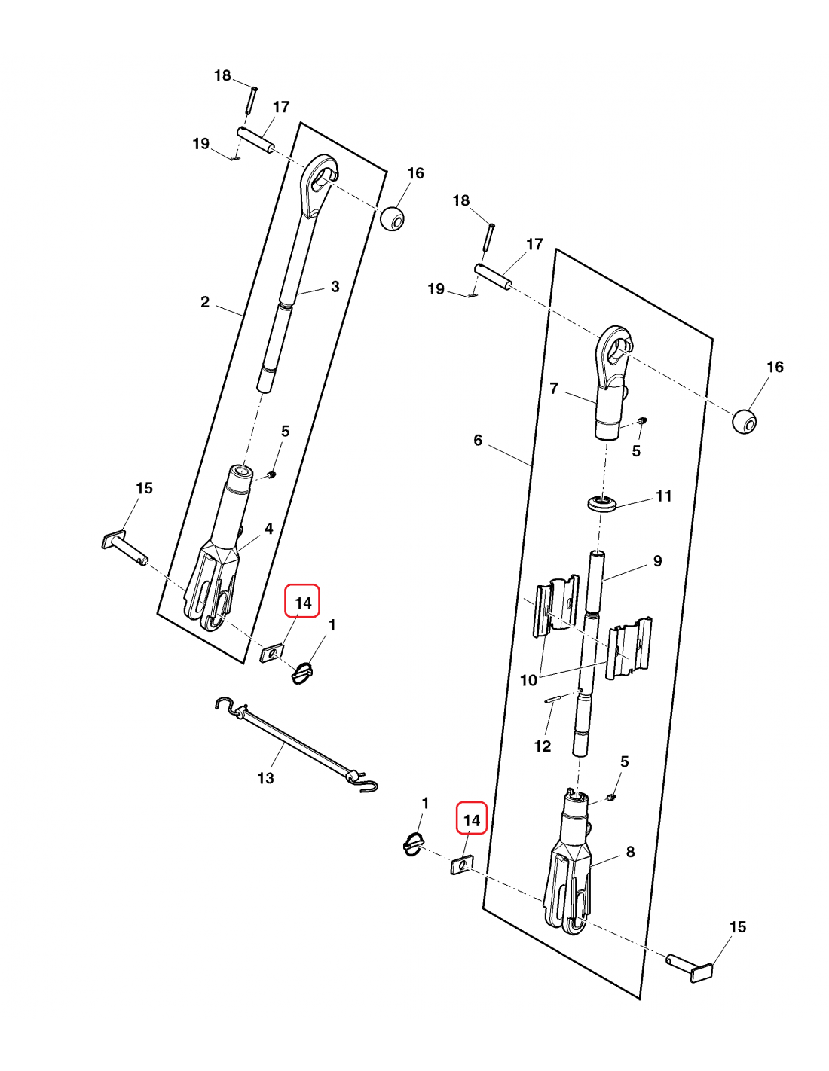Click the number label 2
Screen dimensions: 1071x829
pyautogui.click(x=205, y=302)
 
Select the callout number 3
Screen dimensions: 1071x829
pyautogui.click(x=335, y=287)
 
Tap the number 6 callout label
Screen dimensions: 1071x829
pyautogui.click(x=478, y=440)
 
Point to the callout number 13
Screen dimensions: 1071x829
pyautogui.click(x=266, y=778)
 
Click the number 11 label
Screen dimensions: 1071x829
pyautogui.click(x=663, y=496)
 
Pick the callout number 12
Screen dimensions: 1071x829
pyautogui.click(x=543, y=746)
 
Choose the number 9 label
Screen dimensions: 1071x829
pyautogui.click(x=657, y=561)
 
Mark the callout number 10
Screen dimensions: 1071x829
pyautogui.click(x=528, y=680)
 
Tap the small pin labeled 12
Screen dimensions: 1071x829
pyautogui.click(x=554, y=698)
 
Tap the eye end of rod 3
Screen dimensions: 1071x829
pyautogui.click(x=320, y=181)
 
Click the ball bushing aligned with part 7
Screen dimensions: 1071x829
pyautogui.click(x=744, y=421)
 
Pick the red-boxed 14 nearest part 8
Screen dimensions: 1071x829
pyautogui.click(x=472, y=819)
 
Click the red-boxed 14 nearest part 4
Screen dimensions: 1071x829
pyautogui.click(x=303, y=603)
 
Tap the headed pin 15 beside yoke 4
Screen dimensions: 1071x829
pyautogui.click(x=124, y=548)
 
